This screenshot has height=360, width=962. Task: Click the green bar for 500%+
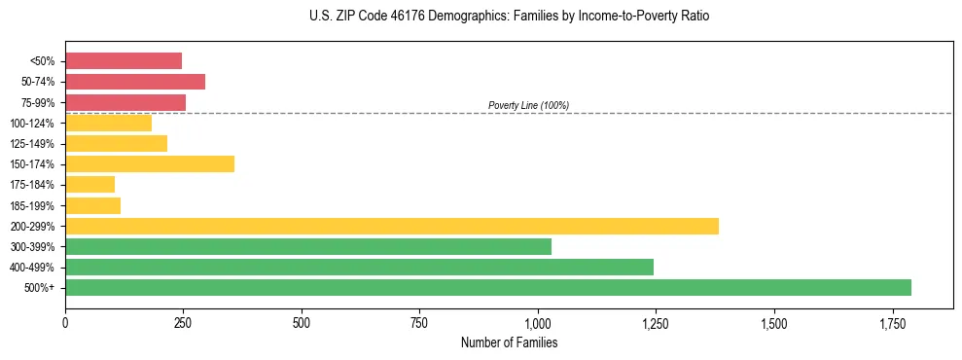[488, 287]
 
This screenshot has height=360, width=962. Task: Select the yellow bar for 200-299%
[392, 226]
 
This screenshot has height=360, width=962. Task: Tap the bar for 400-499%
[359, 267]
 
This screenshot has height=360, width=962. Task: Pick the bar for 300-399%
[308, 246]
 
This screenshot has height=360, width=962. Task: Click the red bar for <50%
[124, 61]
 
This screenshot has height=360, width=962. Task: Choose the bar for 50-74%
[135, 82]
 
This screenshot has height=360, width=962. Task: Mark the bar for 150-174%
[150, 163]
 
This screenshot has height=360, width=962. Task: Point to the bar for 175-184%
[90, 184]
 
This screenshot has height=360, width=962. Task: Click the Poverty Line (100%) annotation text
[528, 105]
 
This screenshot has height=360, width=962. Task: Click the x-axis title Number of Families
[509, 342]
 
